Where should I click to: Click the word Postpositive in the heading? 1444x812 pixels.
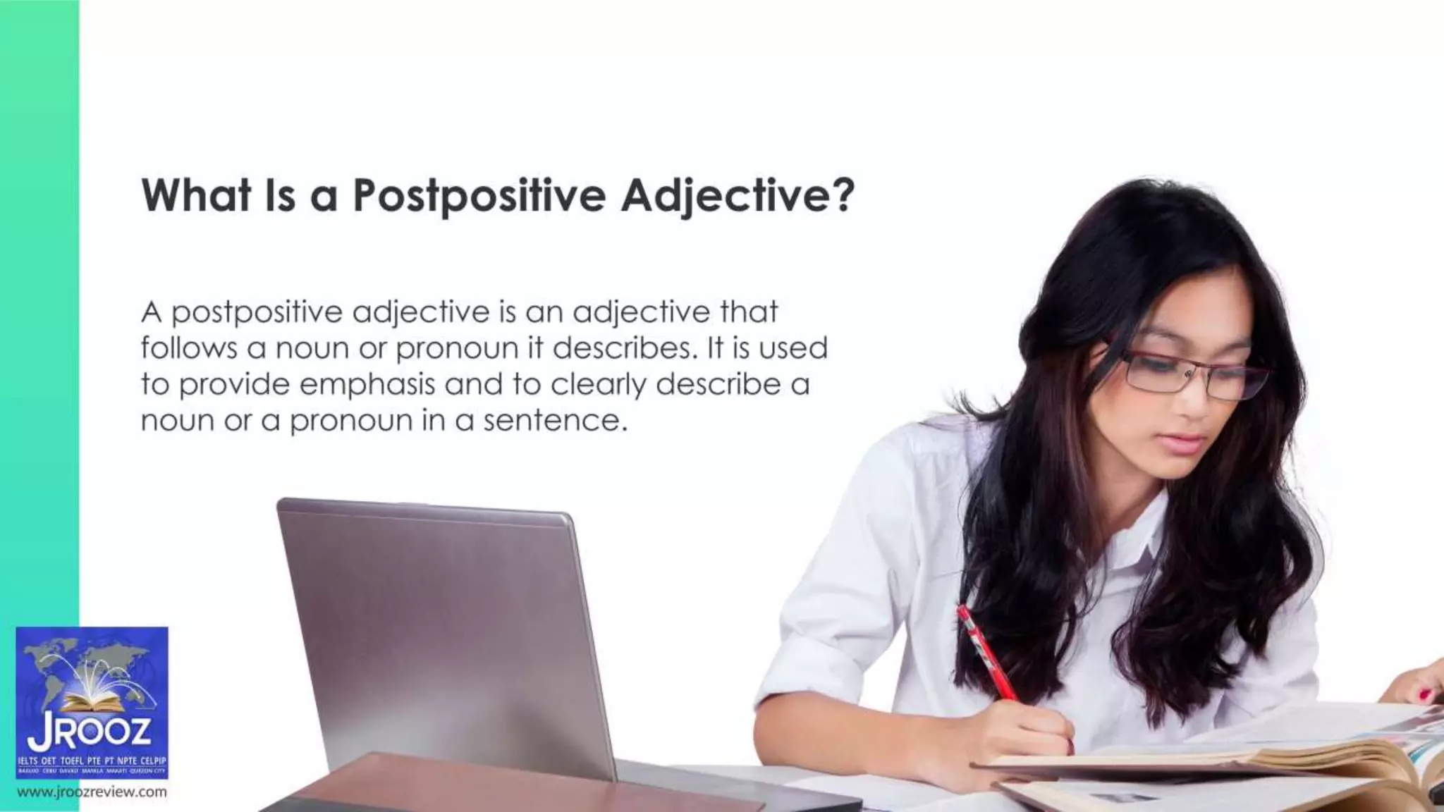(479, 195)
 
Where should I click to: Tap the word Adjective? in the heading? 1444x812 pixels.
(738, 195)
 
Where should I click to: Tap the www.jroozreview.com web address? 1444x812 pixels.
(92, 792)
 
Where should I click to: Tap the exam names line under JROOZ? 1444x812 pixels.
(92, 761)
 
